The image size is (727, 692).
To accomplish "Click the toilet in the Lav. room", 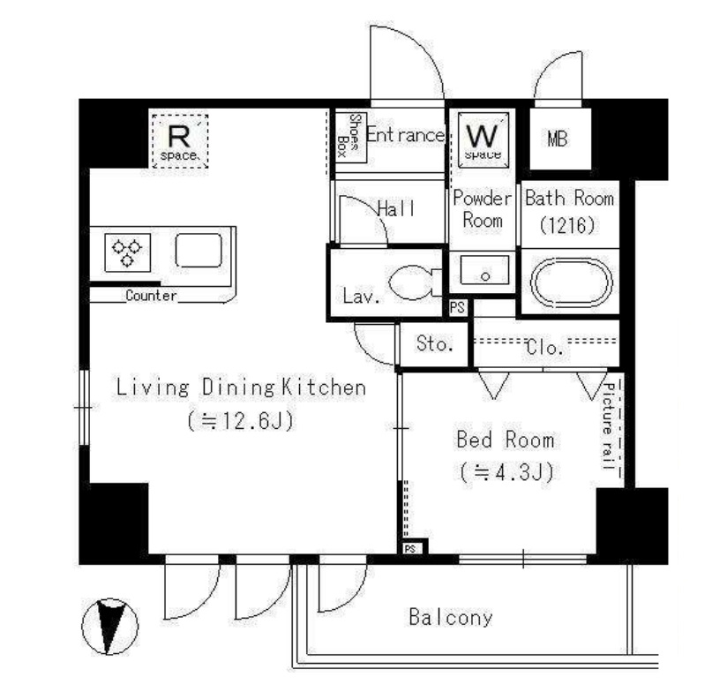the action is (x=413, y=282).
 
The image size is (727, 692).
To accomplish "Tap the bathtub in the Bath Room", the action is (x=571, y=282).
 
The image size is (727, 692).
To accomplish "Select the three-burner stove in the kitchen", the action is (x=128, y=252).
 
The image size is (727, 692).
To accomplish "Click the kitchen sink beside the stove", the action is (x=199, y=251).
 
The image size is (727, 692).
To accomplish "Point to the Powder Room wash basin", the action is (x=484, y=270).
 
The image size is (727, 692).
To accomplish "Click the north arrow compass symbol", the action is (x=110, y=626).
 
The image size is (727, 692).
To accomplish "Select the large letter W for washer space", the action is (x=483, y=135).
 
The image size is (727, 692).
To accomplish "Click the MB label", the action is (x=557, y=139).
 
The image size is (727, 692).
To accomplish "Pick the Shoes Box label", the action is (x=349, y=135).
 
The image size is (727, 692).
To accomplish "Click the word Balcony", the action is (x=450, y=617).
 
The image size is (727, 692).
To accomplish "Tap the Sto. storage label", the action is (x=434, y=343).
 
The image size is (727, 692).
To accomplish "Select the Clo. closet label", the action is (x=544, y=347).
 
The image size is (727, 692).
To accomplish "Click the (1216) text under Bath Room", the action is (x=567, y=225).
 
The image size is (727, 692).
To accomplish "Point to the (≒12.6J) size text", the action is (x=241, y=421).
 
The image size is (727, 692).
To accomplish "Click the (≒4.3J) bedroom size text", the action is (x=507, y=472).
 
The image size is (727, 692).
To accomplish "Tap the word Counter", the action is (x=151, y=296).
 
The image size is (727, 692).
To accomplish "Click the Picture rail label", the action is (x=609, y=426).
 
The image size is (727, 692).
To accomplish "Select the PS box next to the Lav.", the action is (x=457, y=308).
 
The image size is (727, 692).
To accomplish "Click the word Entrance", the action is (x=405, y=135).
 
